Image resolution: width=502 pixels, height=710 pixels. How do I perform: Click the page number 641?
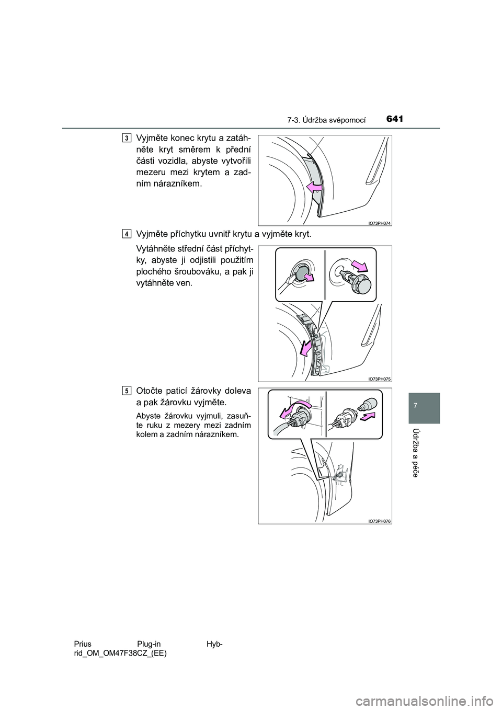click(x=396, y=119)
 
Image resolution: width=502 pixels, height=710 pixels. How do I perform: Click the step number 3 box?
click(x=127, y=138)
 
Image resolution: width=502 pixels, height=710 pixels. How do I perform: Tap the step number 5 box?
click(x=127, y=391)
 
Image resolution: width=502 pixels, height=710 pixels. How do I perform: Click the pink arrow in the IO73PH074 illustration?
click(x=314, y=187)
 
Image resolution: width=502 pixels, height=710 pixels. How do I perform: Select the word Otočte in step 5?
click(x=149, y=391)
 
